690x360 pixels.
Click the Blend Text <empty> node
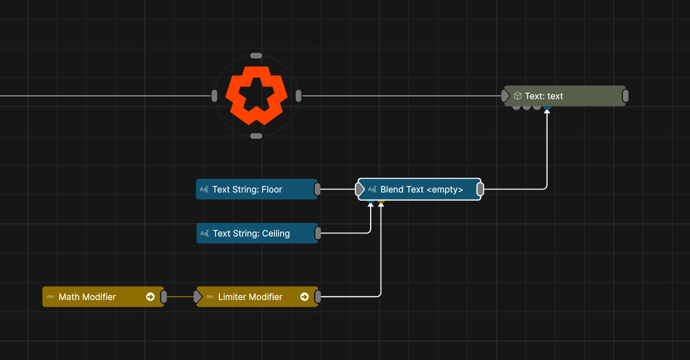[421, 189]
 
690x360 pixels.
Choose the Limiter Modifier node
[250, 297]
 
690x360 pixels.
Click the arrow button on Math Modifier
[150, 297]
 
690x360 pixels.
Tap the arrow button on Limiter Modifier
[305, 297]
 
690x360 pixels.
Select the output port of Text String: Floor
[317, 189]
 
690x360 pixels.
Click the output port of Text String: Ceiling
[318, 234]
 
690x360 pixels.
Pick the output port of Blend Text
[480, 189]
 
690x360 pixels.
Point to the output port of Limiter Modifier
[318, 297]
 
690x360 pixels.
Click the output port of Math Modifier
[164, 297]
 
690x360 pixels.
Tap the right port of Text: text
[626, 96]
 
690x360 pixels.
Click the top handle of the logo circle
[256, 56]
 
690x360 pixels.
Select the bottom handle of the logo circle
[256, 136]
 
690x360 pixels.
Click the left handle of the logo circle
[214, 96]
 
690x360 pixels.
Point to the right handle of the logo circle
[298, 96]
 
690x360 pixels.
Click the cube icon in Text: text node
[517, 96]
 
